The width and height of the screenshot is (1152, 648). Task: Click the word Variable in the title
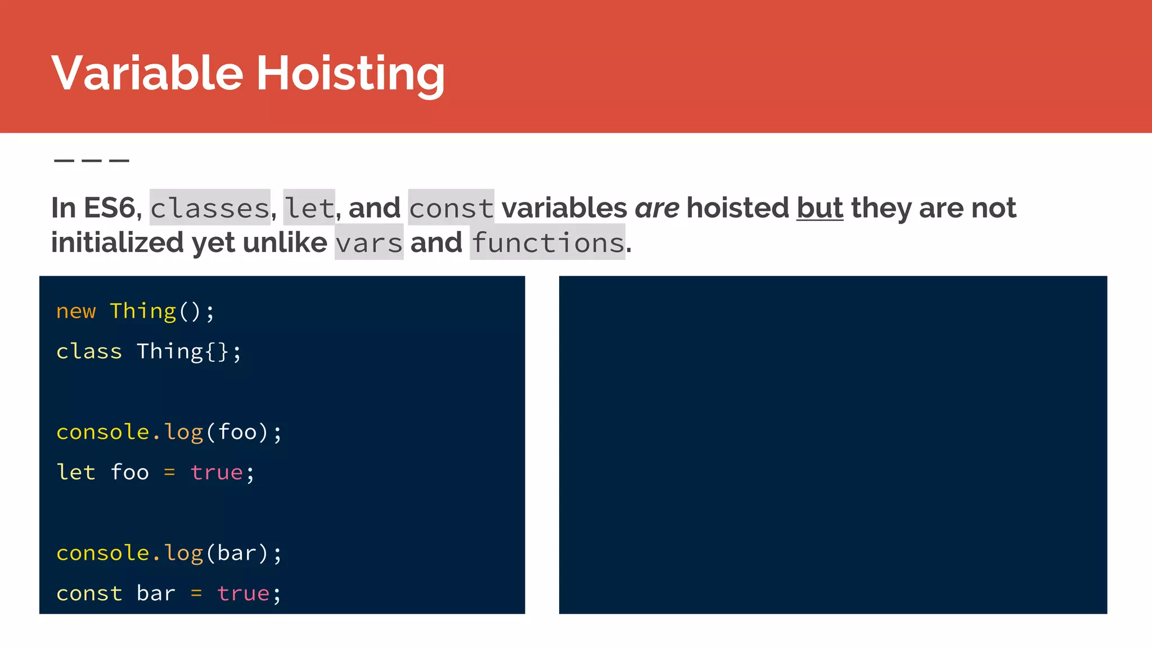147,73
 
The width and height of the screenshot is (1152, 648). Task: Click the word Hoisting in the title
350,74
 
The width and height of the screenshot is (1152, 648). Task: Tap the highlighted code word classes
210,208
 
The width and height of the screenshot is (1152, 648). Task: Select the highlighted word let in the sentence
309,208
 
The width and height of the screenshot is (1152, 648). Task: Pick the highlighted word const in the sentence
451,208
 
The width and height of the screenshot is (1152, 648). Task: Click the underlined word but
820,208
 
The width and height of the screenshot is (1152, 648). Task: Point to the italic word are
657,208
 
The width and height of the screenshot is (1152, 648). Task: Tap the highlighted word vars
369,243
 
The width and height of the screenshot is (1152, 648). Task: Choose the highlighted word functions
548,243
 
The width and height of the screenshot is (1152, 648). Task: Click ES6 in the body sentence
109,208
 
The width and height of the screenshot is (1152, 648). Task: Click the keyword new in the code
76,311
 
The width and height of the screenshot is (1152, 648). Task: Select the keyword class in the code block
89,352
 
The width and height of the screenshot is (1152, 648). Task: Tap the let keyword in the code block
76,472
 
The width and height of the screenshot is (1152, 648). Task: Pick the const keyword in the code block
89,593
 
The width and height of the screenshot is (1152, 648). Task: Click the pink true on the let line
217,472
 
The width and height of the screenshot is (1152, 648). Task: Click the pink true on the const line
243,593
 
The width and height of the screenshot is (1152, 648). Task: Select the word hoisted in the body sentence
738,208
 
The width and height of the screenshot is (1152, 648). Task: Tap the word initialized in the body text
118,243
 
